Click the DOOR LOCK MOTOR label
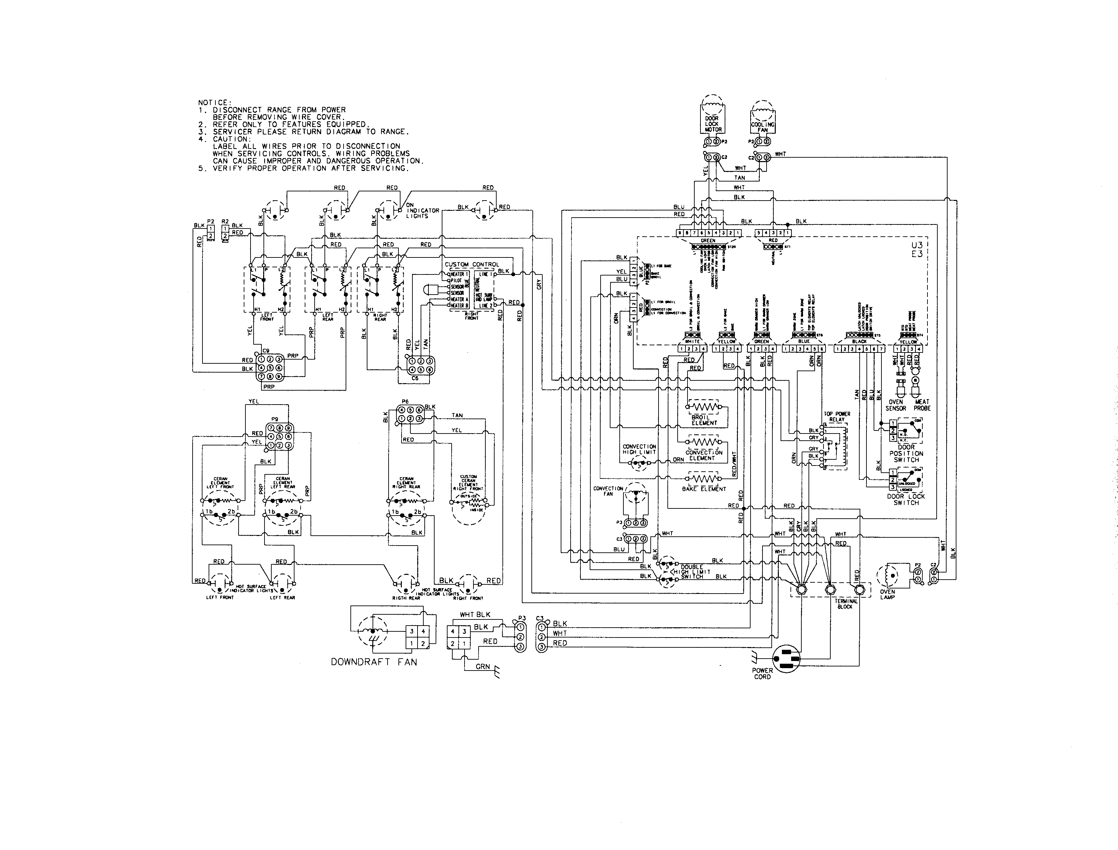(x=712, y=124)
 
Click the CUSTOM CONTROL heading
(x=471, y=264)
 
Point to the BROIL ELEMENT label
(x=704, y=420)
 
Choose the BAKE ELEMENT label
(x=704, y=489)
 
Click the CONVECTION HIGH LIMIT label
(x=639, y=449)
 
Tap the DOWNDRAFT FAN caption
(x=374, y=662)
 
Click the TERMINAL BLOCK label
(x=846, y=603)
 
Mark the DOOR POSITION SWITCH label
(x=906, y=453)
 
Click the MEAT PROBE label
(x=922, y=405)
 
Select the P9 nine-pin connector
(x=279, y=437)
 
